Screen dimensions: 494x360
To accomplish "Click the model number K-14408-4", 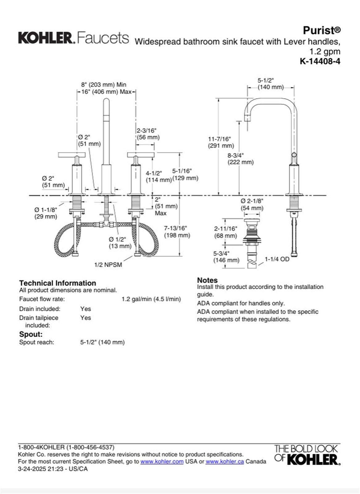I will (x=320, y=61).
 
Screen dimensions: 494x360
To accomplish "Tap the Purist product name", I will (x=321, y=30).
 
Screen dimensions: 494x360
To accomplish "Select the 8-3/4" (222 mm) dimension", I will (x=240, y=159).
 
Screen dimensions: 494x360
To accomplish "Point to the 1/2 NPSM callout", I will (x=108, y=265).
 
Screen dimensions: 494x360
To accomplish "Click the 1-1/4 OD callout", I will (x=277, y=259).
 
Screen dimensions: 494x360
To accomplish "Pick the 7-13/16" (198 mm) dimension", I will (x=177, y=232).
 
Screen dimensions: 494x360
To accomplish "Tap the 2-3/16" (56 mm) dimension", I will (x=148, y=134).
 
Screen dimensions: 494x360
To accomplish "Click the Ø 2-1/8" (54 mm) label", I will (x=252, y=204).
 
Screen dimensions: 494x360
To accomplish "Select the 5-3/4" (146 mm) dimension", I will (x=226, y=257).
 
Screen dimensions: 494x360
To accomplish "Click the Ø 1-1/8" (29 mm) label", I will (x=46, y=213).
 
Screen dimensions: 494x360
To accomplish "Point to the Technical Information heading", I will (x=57, y=283).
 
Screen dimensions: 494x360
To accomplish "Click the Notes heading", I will (x=207, y=280).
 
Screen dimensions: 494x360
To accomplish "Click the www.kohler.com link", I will (x=162, y=461).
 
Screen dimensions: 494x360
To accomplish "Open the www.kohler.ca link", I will (x=225, y=461).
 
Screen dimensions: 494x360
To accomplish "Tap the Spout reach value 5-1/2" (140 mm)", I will (x=102, y=342).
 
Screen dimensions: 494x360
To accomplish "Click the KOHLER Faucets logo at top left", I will (x=73, y=38).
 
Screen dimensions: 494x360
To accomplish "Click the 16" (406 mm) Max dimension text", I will (x=106, y=92).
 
